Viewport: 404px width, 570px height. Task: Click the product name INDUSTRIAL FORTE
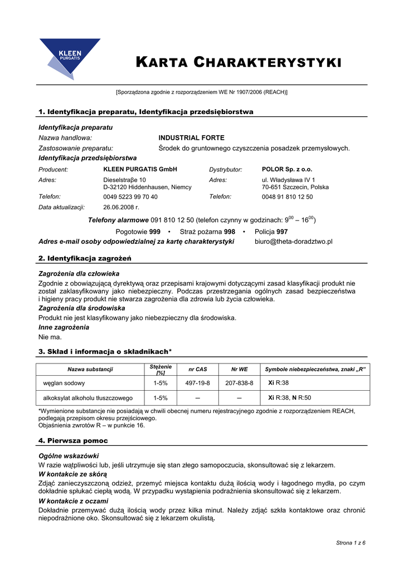pos(192,137)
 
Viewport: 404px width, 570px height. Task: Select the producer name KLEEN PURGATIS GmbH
pos(140,169)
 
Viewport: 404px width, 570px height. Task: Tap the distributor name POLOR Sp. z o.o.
pos(287,169)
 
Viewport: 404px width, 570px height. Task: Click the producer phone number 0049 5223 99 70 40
pos(130,196)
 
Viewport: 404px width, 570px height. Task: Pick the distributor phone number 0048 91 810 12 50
pos(287,196)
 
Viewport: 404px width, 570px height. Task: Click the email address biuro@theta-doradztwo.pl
pos(293,242)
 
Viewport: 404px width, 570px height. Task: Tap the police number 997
pos(282,232)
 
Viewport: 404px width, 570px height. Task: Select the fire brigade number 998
pos(229,232)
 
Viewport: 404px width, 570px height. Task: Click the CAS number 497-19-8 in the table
pos(198,383)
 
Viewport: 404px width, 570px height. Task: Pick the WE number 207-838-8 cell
pos(239,383)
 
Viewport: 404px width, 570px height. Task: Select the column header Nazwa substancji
pos(90,369)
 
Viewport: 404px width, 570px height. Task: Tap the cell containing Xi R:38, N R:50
pos(290,398)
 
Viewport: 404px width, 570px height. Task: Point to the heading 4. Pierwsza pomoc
pos(73,440)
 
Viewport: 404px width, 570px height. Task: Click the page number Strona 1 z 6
pos(351,542)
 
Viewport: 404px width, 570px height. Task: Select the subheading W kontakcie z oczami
pos(72,501)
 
